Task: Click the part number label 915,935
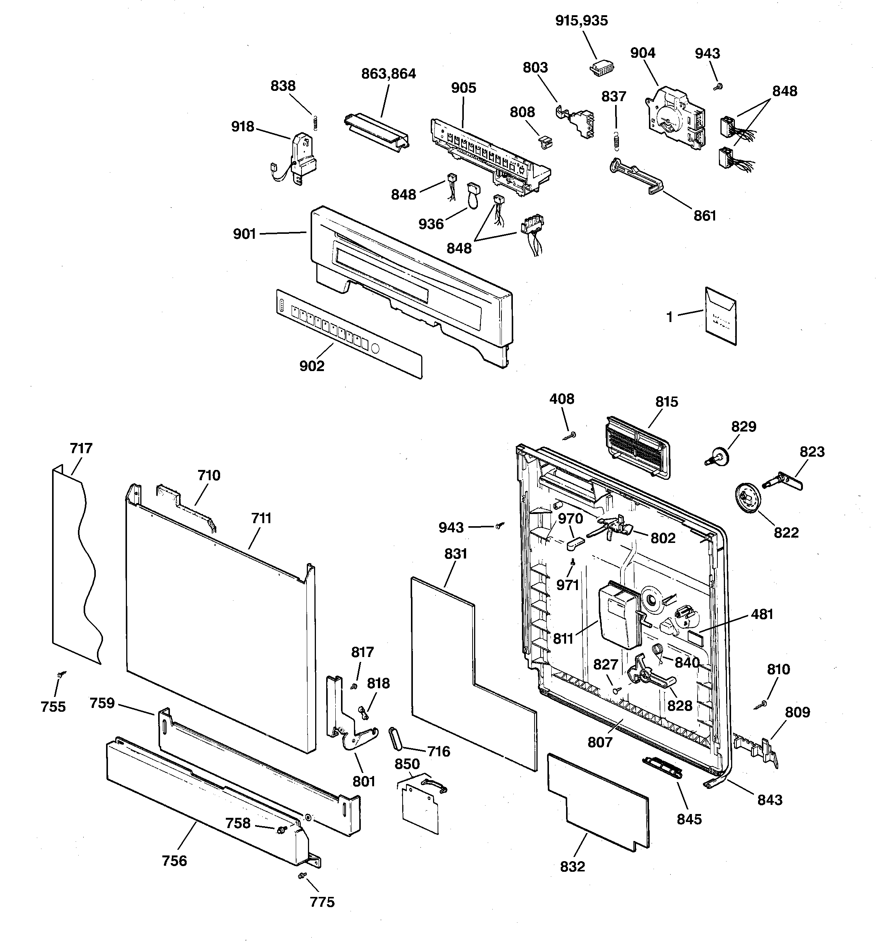(581, 21)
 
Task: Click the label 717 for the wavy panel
(81, 448)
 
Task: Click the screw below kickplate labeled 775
(301, 877)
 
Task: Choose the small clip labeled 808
(546, 141)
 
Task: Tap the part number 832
(573, 866)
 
